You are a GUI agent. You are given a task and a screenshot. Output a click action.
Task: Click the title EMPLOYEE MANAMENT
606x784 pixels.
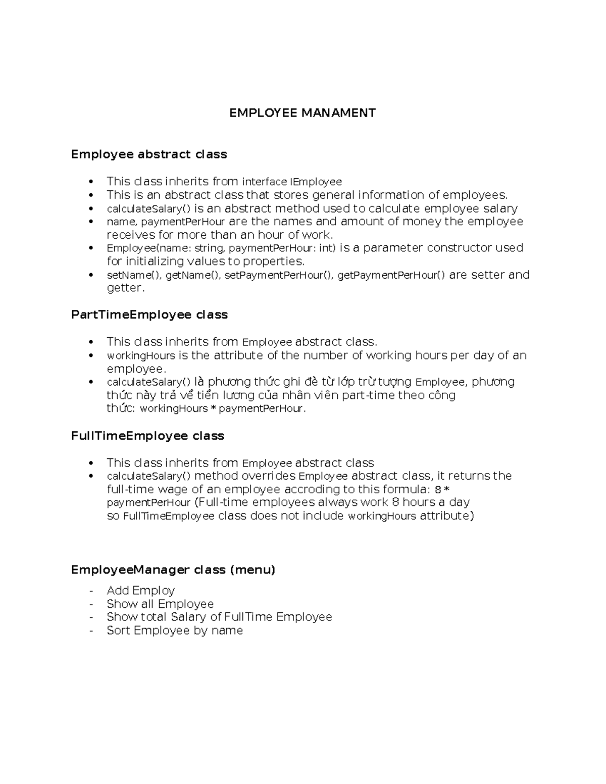[302, 113]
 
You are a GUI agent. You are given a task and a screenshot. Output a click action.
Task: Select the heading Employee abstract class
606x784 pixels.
[149, 154]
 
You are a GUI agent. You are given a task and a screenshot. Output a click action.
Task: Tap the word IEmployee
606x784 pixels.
[316, 182]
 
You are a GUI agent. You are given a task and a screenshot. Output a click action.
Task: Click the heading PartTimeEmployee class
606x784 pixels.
[149, 315]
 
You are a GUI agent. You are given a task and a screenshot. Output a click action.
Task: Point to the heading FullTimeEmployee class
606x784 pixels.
[147, 436]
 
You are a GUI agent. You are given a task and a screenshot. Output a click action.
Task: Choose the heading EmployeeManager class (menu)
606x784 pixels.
[173, 569]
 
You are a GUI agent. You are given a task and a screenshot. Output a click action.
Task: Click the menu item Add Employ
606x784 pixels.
[140, 591]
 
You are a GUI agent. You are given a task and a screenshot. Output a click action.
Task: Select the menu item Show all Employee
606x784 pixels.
[160, 604]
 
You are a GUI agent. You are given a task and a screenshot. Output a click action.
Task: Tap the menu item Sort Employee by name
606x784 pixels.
[175, 631]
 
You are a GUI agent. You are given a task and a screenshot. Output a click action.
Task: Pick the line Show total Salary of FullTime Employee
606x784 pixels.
[219, 617]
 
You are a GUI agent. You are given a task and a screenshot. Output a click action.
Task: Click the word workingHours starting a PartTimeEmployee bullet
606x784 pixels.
[140, 356]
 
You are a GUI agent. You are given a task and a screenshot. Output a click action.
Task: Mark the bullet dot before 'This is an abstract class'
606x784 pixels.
[91, 195]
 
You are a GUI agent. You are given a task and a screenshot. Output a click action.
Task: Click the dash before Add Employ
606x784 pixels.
[91, 591]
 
